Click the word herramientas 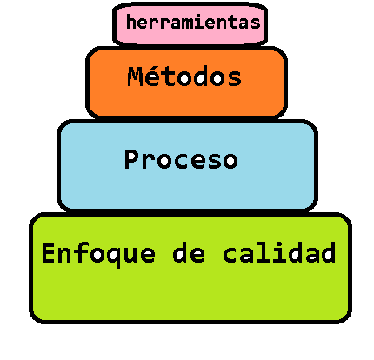[x=193, y=23]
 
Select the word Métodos [x=184, y=77]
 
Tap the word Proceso [x=181, y=159]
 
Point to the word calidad [x=279, y=252]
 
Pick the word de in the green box [x=189, y=253]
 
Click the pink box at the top [x=190, y=23]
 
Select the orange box [x=186, y=83]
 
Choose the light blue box [x=187, y=165]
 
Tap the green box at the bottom [x=190, y=268]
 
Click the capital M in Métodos [x=136, y=77]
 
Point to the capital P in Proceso [x=132, y=159]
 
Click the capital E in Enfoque [x=49, y=253]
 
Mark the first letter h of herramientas [x=131, y=23]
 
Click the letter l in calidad [x=263, y=252]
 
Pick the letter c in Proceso [x=180, y=161]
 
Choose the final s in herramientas [x=256, y=24]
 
